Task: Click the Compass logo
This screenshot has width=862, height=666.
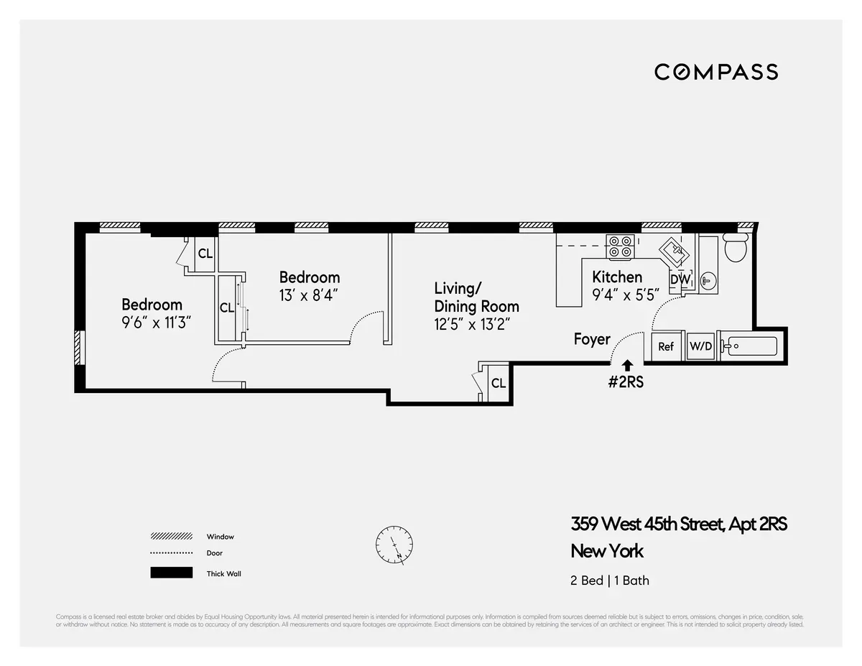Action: click(715, 72)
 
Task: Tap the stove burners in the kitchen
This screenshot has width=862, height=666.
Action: click(620, 247)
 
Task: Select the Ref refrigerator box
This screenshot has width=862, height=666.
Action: click(666, 346)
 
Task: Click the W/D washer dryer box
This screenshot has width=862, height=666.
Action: click(700, 346)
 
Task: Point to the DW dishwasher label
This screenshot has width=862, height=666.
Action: click(679, 279)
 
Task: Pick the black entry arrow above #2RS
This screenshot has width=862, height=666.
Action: click(628, 366)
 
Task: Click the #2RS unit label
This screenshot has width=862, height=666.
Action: click(626, 382)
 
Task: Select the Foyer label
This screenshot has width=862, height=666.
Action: click(592, 339)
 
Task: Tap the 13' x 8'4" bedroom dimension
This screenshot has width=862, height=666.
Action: click(308, 295)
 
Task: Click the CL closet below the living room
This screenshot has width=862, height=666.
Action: click(498, 384)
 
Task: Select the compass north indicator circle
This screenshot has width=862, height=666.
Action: click(394, 545)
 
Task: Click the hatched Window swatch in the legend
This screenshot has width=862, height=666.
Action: click(171, 537)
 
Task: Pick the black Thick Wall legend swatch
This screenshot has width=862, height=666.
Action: click(171, 573)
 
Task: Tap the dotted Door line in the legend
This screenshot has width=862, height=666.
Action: click(171, 553)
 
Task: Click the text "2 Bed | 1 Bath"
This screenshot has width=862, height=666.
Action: click(610, 580)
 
